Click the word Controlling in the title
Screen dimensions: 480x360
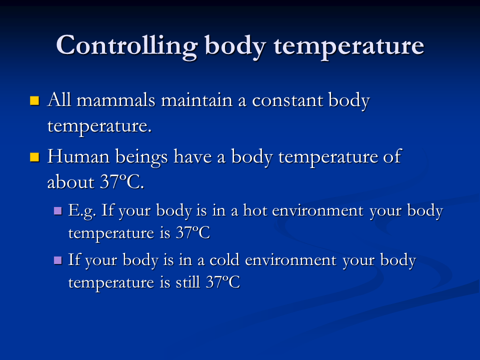pyautogui.click(x=127, y=46)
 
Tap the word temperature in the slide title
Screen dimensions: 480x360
pyautogui.click(x=348, y=46)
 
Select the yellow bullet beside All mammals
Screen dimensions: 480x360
pyautogui.click(x=34, y=100)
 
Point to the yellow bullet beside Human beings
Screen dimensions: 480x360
pyautogui.click(x=34, y=157)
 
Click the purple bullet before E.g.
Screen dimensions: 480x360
pyautogui.click(x=58, y=210)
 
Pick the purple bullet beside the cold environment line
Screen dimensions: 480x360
pyautogui.click(x=58, y=260)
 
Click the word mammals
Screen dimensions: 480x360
pyautogui.click(x=116, y=100)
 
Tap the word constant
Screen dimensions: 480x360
pyautogui.click(x=287, y=100)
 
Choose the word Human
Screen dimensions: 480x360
pyautogui.click(x=78, y=156)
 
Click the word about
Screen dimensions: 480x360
pyautogui.click(x=70, y=182)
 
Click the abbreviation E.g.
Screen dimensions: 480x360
pyautogui.click(x=82, y=211)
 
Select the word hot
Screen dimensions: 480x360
pyautogui.click(x=255, y=210)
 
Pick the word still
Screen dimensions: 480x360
pyautogui.click(x=187, y=282)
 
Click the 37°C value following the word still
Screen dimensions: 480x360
pyautogui.click(x=223, y=282)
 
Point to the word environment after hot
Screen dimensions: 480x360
pyautogui.click(x=318, y=211)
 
